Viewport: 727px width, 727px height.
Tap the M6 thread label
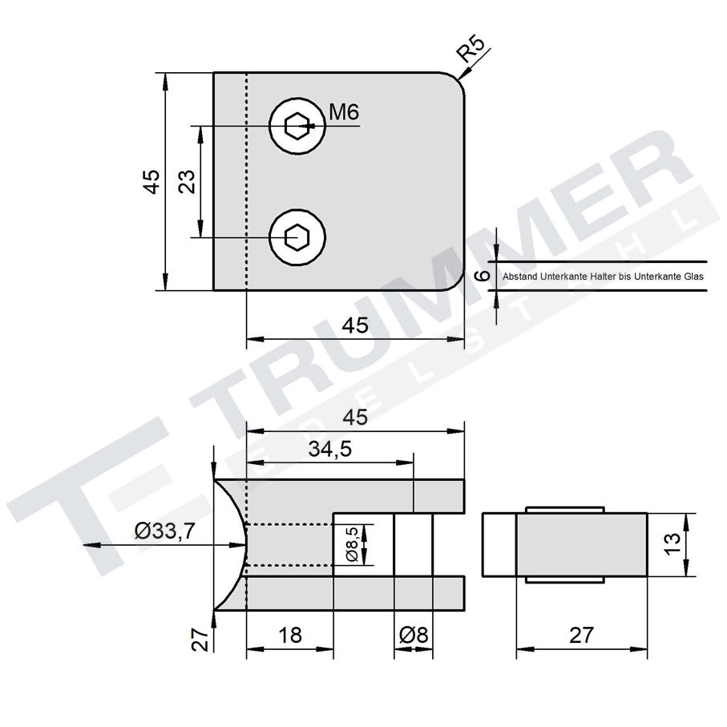[x=343, y=113]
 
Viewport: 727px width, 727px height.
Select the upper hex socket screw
[x=298, y=126]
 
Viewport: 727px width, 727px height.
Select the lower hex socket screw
[x=298, y=237]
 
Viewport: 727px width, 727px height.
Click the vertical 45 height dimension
[x=151, y=181]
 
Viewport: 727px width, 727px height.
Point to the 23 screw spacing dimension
[x=187, y=181]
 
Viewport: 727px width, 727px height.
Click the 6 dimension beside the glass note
[x=481, y=275]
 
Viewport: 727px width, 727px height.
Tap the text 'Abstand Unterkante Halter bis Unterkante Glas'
[x=602, y=276]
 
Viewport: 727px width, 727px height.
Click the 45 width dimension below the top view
[x=355, y=325]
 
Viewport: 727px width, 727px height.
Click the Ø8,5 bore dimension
[x=350, y=545]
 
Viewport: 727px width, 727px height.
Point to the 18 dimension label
[x=289, y=635]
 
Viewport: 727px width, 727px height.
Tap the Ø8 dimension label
[x=414, y=635]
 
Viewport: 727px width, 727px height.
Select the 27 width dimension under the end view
[x=581, y=635]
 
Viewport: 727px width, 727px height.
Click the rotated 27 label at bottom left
[x=202, y=638]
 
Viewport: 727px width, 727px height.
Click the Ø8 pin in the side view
[x=413, y=545]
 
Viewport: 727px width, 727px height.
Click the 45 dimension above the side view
[x=355, y=418]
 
